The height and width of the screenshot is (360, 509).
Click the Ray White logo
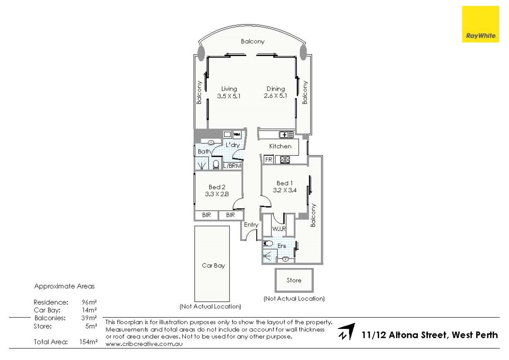(480, 24)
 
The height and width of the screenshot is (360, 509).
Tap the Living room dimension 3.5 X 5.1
(229, 96)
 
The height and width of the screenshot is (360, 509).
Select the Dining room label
(276, 89)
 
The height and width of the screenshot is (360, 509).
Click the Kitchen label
(280, 146)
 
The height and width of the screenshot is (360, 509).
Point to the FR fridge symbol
(269, 160)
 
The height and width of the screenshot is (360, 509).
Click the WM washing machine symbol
(237, 135)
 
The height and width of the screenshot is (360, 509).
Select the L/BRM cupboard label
(232, 166)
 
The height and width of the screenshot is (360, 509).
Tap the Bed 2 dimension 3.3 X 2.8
(217, 194)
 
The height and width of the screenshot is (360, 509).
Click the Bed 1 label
(284, 183)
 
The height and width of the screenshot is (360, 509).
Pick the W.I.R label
(279, 229)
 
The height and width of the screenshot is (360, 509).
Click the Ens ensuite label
(282, 246)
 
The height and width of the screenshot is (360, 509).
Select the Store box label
(294, 280)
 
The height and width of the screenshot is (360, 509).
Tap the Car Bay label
(213, 265)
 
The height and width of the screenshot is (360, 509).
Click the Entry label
(251, 225)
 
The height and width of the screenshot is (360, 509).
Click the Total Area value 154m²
(88, 342)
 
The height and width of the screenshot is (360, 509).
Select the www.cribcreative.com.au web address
(144, 344)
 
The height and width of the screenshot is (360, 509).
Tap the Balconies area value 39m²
(89, 318)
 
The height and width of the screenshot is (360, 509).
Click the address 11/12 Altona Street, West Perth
(429, 335)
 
